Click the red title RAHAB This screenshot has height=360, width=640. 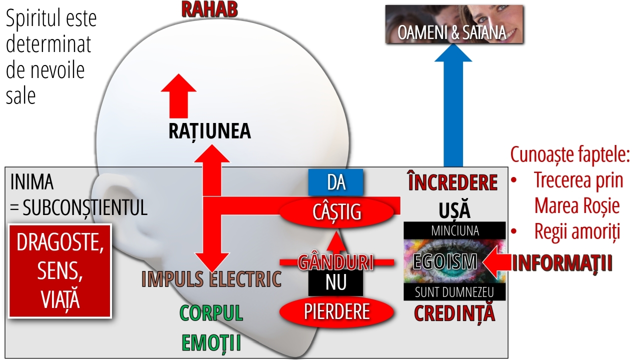(x=209, y=9)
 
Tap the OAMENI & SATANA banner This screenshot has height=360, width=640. (x=454, y=24)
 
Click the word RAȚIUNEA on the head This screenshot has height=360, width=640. (x=209, y=131)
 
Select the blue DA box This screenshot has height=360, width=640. (x=335, y=182)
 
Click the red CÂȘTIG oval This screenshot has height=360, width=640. (x=336, y=212)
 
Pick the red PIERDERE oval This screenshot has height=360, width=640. (x=336, y=311)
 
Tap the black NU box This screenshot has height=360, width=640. (x=335, y=282)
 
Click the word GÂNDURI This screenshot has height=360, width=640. (x=335, y=262)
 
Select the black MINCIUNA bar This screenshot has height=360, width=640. (x=454, y=230)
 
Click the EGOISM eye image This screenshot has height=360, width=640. (x=454, y=261)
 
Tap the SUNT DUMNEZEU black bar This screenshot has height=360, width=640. (x=454, y=291)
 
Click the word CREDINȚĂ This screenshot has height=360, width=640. (x=454, y=313)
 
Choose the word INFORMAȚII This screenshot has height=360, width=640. (x=562, y=263)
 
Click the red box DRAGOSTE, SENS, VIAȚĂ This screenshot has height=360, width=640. (x=60, y=271)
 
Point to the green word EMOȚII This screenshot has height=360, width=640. (x=211, y=342)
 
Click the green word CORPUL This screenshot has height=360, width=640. (x=211, y=313)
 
